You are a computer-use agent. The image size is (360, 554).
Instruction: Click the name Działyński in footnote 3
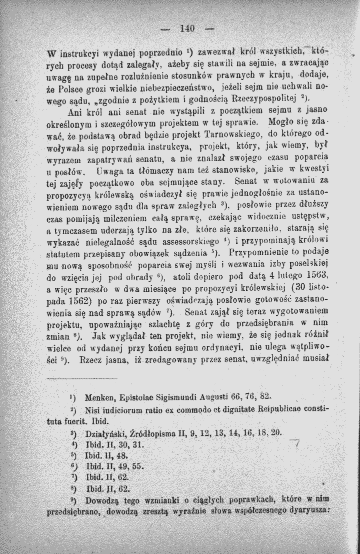[x=107, y=432]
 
